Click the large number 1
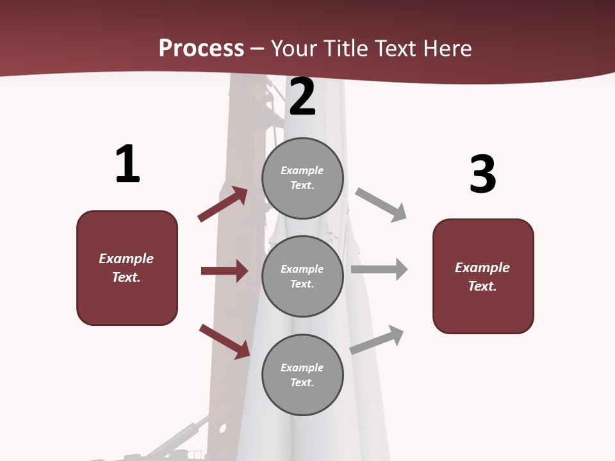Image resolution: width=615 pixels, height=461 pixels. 127,165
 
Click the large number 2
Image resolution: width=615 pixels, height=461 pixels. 302,97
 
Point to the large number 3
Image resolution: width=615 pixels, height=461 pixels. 482,174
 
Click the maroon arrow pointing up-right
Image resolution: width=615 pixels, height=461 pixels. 222,204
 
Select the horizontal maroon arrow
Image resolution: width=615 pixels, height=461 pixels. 224,271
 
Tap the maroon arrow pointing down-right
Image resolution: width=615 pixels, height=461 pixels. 224,341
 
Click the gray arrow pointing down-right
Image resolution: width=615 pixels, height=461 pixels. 381,205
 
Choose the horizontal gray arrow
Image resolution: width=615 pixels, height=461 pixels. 379,269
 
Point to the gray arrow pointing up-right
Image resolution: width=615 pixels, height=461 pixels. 377,339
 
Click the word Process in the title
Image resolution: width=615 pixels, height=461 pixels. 201,48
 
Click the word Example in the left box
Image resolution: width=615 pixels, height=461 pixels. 126,258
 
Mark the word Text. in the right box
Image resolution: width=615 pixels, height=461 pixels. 482,286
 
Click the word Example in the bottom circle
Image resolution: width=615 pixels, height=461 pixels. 302,368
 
